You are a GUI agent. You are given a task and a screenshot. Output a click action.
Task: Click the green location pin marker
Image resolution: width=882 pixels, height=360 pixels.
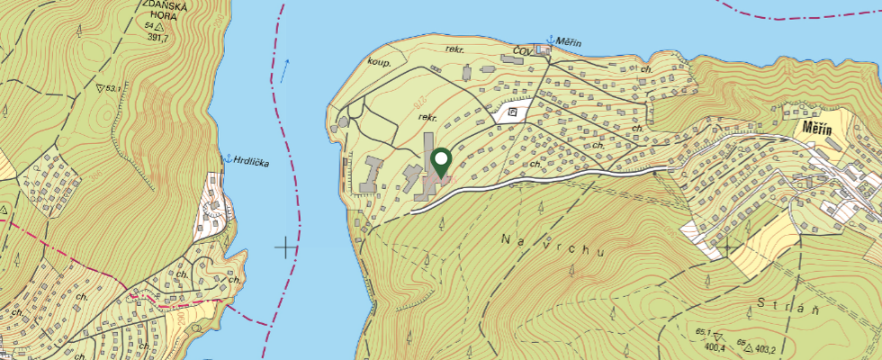click(442, 162)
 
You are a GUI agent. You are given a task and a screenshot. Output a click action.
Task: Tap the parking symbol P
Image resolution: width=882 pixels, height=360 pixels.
click(512, 112)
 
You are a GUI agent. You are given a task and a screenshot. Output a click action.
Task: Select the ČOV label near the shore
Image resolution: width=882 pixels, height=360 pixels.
click(524, 49)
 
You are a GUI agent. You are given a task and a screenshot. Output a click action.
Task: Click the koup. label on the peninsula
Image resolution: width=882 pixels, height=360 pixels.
click(377, 62)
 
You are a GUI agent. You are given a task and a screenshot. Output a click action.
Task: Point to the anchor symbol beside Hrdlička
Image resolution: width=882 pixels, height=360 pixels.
click(228, 158)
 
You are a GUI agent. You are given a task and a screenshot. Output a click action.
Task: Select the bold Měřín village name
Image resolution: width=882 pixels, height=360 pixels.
click(818, 130)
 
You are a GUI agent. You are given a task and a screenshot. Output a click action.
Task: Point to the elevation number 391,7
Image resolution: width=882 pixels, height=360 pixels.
click(158, 38)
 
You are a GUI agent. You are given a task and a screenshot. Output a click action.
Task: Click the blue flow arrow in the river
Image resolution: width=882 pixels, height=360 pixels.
click(285, 69)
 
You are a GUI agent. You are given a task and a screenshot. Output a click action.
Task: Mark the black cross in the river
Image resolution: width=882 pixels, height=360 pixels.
click(287, 245)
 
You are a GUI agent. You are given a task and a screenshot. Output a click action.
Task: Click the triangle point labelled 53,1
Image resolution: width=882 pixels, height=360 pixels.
click(98, 88)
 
